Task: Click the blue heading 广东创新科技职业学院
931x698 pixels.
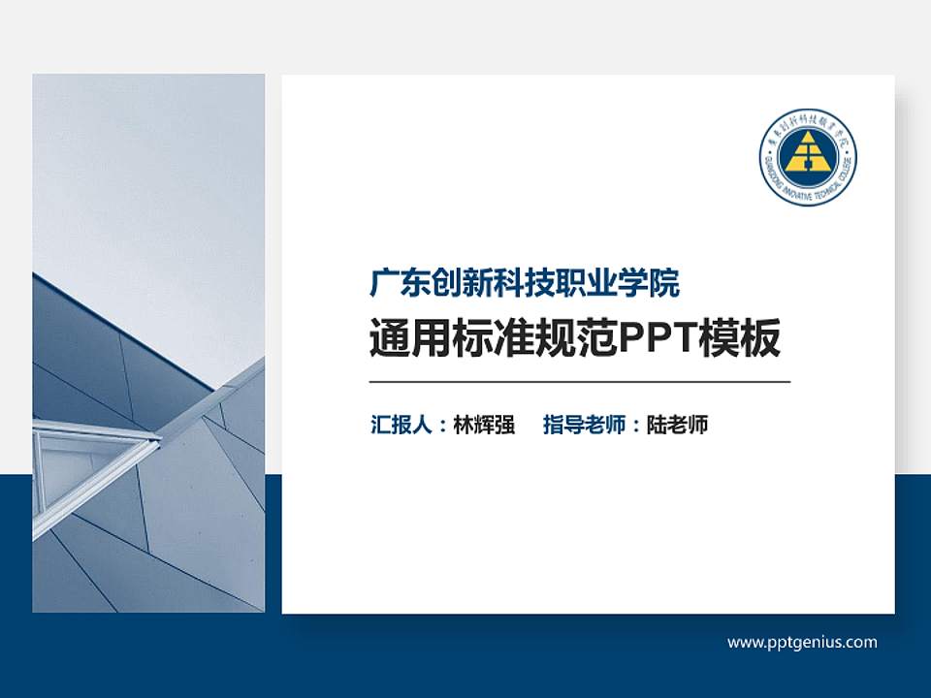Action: [x=525, y=283]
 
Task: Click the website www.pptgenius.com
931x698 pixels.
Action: [x=802, y=642]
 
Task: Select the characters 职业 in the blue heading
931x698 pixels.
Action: [x=587, y=283]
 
